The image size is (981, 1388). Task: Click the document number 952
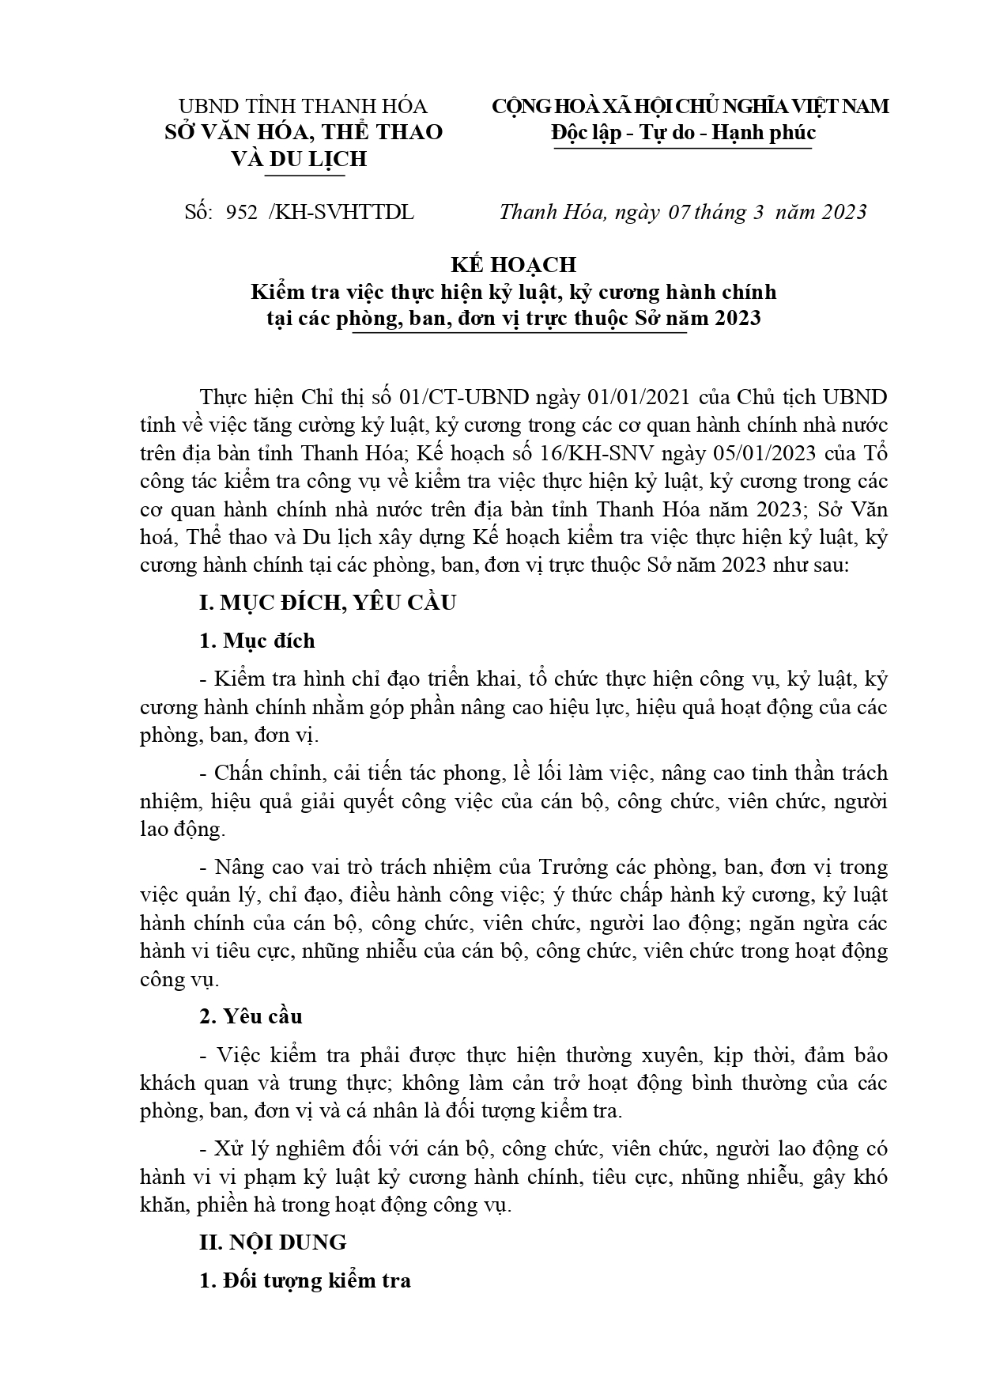[x=241, y=213]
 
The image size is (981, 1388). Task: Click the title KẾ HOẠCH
[x=513, y=264]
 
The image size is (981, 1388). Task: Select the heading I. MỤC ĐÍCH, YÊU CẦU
[x=327, y=603]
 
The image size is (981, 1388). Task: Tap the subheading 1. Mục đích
[x=257, y=641]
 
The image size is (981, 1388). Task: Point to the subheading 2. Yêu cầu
[x=251, y=1016]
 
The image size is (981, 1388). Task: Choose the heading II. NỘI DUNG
[x=273, y=1242]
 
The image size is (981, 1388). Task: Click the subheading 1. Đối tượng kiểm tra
[x=305, y=1280]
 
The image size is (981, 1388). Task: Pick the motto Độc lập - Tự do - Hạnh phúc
[x=683, y=132]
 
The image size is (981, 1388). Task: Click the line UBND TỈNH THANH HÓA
[x=303, y=106]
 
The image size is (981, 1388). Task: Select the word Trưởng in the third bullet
[x=572, y=867]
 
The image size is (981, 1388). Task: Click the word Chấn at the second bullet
[x=240, y=773]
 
